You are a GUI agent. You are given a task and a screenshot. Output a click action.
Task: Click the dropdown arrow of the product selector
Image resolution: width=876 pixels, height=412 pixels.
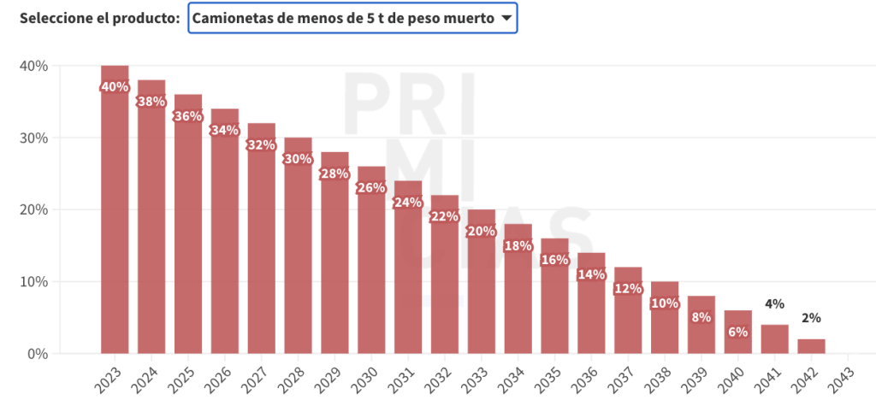tap(506, 18)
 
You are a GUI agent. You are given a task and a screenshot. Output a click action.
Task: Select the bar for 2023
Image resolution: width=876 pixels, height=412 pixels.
tap(115, 214)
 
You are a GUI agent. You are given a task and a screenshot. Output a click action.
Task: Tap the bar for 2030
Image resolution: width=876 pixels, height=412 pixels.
tap(371, 265)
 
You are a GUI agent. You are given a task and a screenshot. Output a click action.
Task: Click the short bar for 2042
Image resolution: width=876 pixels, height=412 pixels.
tap(811, 346)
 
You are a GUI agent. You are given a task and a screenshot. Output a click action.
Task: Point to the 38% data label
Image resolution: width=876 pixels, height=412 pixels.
tap(151, 101)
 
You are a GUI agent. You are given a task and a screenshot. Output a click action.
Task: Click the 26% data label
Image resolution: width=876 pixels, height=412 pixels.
tap(371, 188)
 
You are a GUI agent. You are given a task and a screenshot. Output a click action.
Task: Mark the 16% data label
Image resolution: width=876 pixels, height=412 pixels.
tap(554, 260)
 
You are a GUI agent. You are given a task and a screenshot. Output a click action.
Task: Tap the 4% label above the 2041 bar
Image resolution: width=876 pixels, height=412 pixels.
tap(774, 303)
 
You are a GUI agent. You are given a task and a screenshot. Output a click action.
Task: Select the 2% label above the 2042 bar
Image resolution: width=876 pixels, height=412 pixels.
tap(811, 318)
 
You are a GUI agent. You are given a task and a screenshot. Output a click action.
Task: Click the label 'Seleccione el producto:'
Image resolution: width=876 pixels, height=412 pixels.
tap(98, 18)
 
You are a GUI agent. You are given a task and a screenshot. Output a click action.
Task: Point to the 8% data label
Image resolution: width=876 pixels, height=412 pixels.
tap(701, 317)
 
